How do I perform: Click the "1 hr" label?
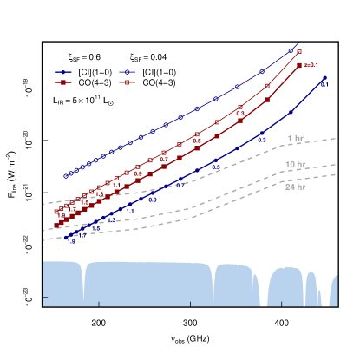[x=295, y=139]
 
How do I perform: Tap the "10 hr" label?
[x=295, y=164]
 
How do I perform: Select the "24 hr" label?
[x=295, y=187]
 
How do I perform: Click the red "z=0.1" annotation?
[x=312, y=65]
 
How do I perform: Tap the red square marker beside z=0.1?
[x=299, y=65]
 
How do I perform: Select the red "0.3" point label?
[x=240, y=114]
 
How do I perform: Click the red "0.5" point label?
[x=197, y=140]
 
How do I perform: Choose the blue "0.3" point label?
[x=261, y=139]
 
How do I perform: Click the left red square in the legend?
[x=63, y=82]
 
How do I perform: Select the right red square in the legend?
[x=128, y=82]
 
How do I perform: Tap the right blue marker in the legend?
[x=128, y=72]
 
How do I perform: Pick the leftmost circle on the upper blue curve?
[x=65, y=175]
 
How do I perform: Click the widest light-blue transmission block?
[x=147, y=282]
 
